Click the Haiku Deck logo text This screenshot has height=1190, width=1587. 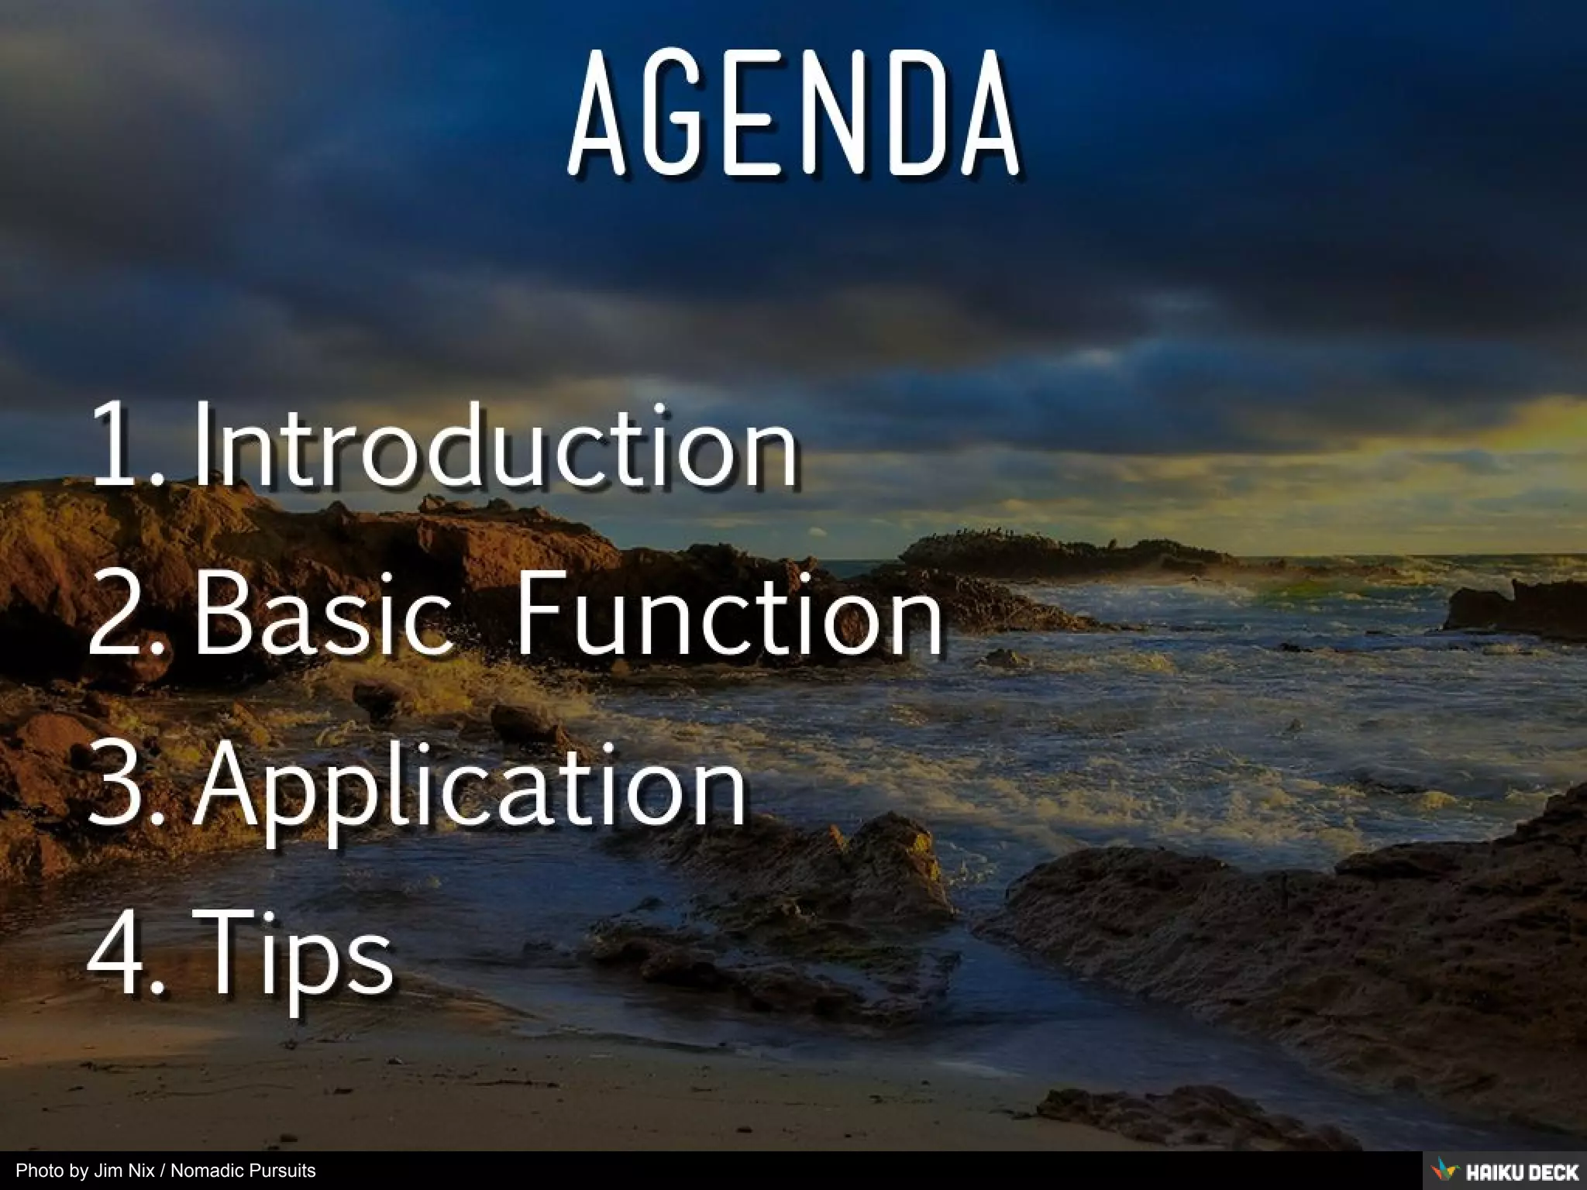tap(1522, 1171)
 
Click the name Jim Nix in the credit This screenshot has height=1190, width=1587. tap(124, 1171)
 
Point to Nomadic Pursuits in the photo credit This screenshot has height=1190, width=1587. tap(243, 1171)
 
